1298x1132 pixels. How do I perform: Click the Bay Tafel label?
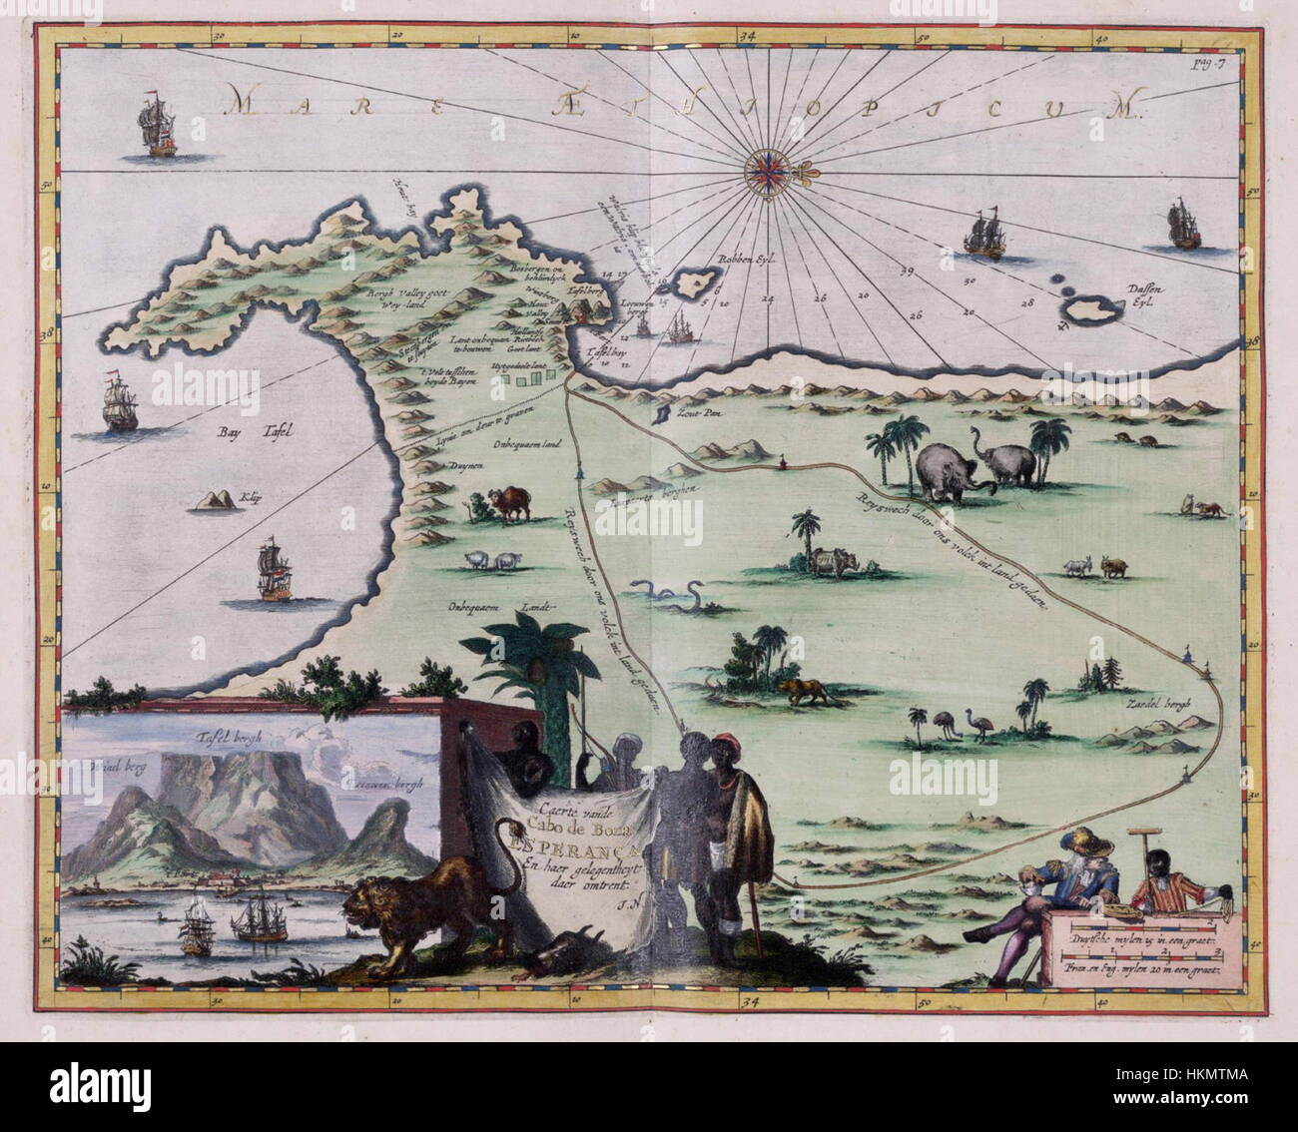coord(258,432)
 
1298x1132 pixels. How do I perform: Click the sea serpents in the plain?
coord(666,595)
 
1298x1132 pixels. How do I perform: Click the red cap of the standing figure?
coord(722,746)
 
